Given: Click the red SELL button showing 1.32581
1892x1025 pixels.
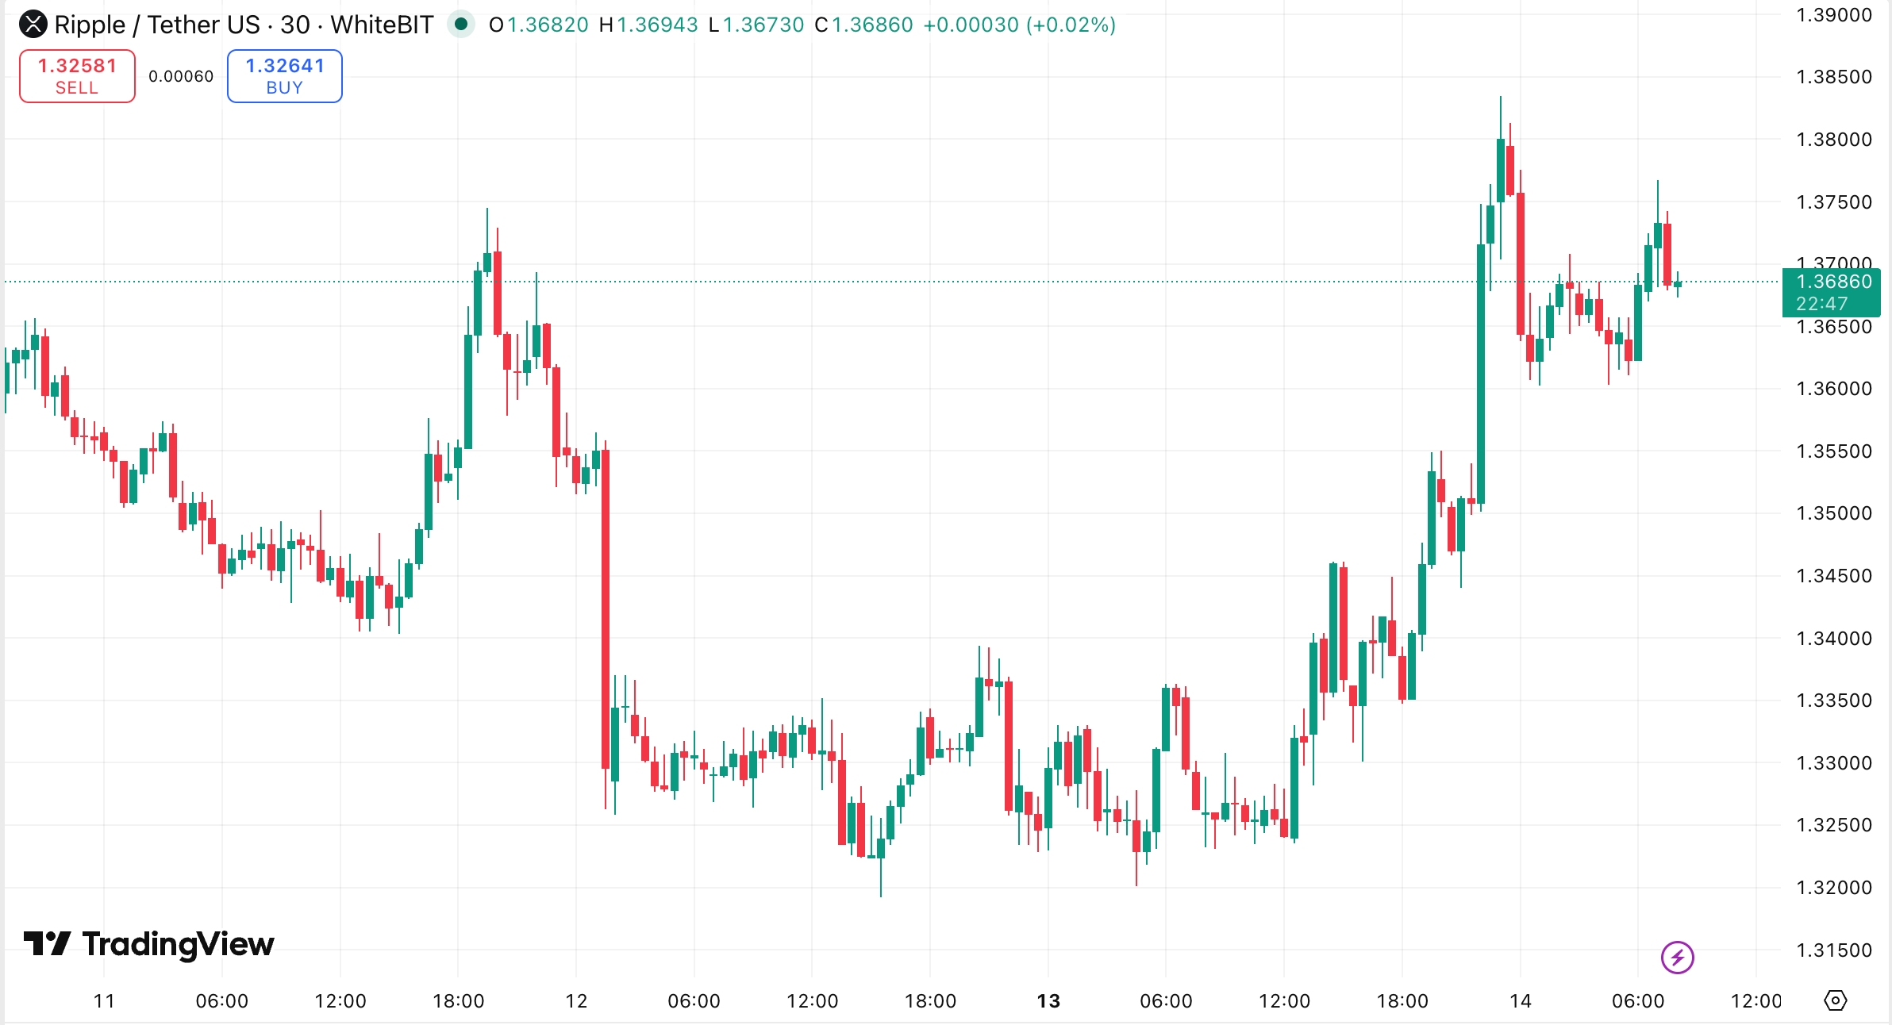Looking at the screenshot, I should (x=77, y=76).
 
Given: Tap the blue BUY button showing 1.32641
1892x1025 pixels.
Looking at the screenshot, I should (x=284, y=76).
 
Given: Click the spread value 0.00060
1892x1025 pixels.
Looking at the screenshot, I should (x=181, y=76).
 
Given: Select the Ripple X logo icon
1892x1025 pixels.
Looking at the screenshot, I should (x=33, y=25).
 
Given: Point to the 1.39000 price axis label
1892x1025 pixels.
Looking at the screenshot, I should (x=1833, y=15).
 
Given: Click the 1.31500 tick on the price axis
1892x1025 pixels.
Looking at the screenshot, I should (x=1833, y=950).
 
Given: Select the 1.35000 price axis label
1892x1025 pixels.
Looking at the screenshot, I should (x=1833, y=513).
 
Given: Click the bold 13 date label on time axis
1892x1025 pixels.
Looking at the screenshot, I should (x=1048, y=1001).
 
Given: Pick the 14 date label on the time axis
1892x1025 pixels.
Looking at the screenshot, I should (x=1520, y=1001).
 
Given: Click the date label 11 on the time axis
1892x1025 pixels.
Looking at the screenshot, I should (x=104, y=1001).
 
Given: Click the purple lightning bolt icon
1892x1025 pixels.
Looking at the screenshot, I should (x=1677, y=957).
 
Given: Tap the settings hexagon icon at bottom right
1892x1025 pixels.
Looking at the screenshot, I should (x=1835, y=1000).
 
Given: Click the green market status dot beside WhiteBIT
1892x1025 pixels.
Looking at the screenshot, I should (x=460, y=24).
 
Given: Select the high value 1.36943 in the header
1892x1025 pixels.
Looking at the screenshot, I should (x=657, y=25).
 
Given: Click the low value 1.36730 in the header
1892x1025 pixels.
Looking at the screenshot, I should (x=763, y=25).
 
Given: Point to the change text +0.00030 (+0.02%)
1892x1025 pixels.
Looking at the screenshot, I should (x=1019, y=25).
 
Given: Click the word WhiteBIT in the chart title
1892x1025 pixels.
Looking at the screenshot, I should (x=382, y=25).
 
